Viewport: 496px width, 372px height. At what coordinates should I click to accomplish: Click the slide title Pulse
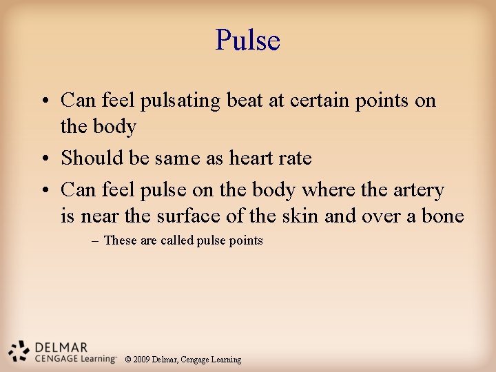[x=247, y=40]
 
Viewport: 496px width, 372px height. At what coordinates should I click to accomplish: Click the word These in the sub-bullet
[x=120, y=240]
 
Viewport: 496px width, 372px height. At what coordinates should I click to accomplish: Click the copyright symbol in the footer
[x=127, y=360]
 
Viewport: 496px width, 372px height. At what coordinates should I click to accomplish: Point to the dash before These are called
[x=94, y=240]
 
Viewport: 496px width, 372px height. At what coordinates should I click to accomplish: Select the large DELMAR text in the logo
[x=61, y=347]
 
